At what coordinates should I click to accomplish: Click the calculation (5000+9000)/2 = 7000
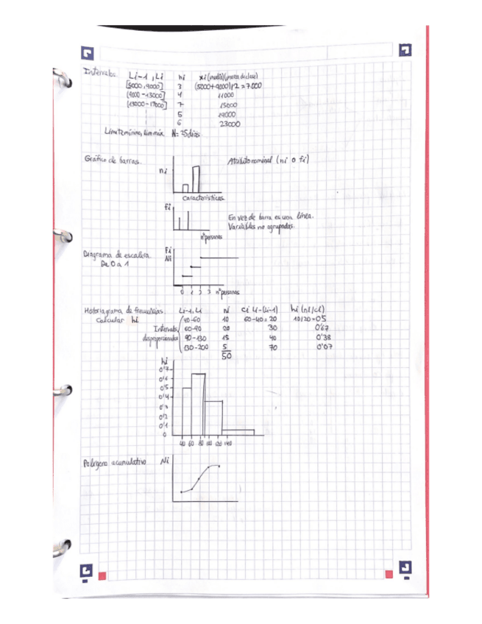tap(227, 85)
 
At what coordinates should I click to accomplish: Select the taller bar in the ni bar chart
tap(196, 178)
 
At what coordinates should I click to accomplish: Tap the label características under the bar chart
tap(205, 197)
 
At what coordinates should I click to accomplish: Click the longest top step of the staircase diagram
tap(220, 259)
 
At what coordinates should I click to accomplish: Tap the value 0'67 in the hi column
tap(320, 328)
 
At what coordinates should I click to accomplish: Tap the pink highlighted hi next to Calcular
tap(133, 320)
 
